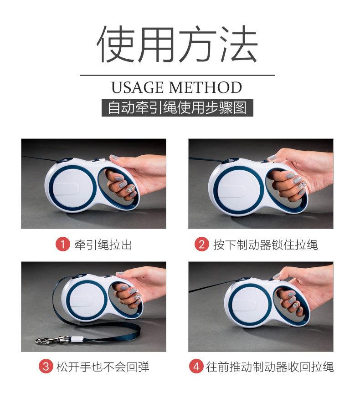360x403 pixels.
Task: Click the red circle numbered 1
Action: coord(63,244)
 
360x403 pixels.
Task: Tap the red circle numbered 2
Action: coord(201,244)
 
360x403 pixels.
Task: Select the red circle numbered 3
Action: coord(46,366)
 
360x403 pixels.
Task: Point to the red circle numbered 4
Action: coord(196,366)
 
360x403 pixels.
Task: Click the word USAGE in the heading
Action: coord(137,87)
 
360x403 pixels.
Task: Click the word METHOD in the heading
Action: coord(206,87)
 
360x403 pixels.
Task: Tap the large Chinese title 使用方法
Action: coord(177,44)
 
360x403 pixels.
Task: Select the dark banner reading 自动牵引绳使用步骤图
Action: coord(177,107)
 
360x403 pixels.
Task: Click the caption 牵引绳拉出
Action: coord(103,245)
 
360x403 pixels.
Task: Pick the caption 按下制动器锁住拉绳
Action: coord(266,245)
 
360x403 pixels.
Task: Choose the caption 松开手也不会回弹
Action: coord(103,367)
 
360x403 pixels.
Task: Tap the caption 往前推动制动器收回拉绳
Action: coord(270,367)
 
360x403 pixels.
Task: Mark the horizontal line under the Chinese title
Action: coord(177,75)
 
